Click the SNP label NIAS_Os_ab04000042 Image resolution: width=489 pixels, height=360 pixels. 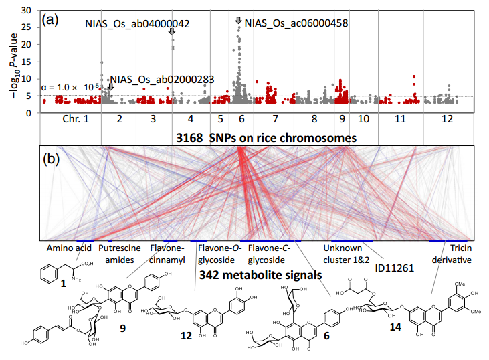point(137,24)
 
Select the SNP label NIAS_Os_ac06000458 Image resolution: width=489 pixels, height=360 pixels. point(296,23)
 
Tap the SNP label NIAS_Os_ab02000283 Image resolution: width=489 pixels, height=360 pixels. point(162,80)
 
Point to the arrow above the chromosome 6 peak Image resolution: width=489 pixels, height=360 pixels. point(239,21)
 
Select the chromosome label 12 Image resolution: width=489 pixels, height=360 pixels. point(447,119)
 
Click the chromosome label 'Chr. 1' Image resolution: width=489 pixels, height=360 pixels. point(76,119)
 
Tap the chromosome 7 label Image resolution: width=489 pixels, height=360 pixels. point(275,119)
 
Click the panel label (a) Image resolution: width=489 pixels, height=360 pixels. point(50,20)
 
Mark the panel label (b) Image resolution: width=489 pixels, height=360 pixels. point(51,159)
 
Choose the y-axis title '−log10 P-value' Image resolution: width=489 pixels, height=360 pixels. point(14,66)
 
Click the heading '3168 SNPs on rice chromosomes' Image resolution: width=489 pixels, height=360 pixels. point(266,138)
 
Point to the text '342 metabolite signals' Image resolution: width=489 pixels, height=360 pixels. point(261,275)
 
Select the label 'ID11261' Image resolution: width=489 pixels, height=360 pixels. point(394,268)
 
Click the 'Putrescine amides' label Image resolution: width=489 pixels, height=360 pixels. point(120,254)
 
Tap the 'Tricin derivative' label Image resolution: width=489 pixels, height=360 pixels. point(452,254)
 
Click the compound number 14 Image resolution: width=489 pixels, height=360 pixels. point(395,327)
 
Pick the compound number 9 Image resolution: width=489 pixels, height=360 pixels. point(123,328)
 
